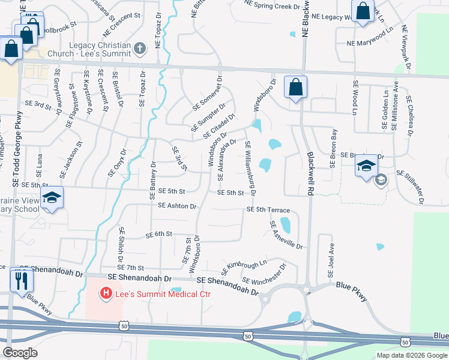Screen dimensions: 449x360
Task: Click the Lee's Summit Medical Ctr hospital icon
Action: (106, 293)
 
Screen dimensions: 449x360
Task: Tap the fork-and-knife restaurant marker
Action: (22, 280)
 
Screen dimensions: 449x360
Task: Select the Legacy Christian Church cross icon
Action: (139, 48)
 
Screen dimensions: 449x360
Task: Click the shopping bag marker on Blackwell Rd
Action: (295, 88)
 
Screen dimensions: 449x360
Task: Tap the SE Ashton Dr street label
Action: (177, 206)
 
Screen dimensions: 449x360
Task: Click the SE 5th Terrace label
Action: (268, 210)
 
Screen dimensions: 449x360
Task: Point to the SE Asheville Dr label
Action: (286, 235)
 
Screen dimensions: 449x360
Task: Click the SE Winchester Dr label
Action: (264, 274)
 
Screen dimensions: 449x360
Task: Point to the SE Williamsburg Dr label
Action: (250, 169)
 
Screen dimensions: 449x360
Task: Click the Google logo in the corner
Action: (20, 352)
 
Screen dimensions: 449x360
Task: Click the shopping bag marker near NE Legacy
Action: (363, 11)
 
